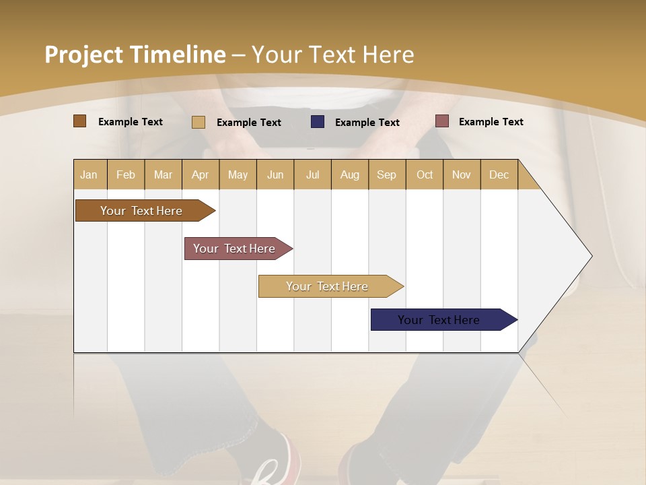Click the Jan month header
coord(89,174)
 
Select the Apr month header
coord(200,174)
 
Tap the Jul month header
coord(312,174)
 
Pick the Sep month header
coord(386,174)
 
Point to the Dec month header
coord(499,174)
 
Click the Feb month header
coord(126,174)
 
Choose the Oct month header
coord(425,174)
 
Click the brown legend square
coord(79,121)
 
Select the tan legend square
coord(198,122)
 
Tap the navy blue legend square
coord(318,122)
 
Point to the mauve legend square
coord(441,121)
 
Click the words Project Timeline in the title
coord(135,55)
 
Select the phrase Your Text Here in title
coord(332,55)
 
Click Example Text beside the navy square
coord(367,122)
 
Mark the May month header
coord(238,174)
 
